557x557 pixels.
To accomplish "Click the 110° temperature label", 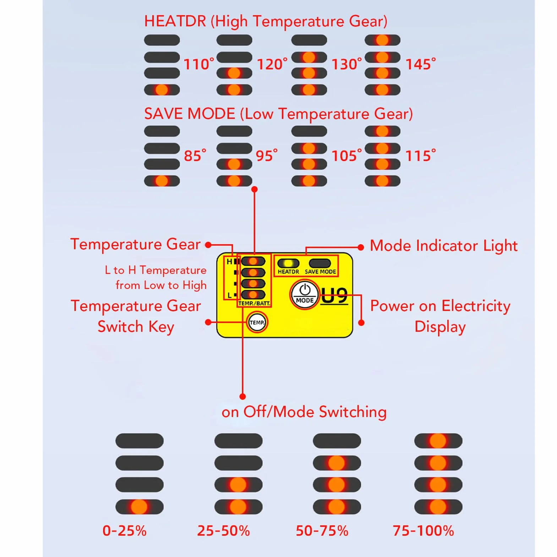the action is tap(199, 64).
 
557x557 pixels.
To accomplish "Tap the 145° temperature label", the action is tap(421, 64).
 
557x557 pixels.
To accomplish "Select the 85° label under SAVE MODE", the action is tap(195, 156).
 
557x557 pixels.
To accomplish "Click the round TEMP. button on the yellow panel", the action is tap(257, 322).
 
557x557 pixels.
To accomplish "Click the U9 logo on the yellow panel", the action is tap(334, 296).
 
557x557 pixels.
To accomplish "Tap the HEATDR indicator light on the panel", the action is tap(288, 263).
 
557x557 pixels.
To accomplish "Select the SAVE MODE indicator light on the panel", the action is tap(320, 263).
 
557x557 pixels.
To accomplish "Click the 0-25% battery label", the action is tap(125, 531).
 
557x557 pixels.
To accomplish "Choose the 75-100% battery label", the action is tap(423, 531).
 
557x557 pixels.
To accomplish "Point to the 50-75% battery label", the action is tap(322, 531).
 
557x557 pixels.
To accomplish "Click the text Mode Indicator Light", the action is tap(444, 246).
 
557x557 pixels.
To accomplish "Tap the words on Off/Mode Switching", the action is tap(304, 412).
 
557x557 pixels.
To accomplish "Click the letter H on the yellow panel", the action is tap(229, 262).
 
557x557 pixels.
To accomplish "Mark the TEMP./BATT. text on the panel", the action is tap(254, 304).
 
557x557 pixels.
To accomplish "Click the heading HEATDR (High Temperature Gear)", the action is tap(266, 22).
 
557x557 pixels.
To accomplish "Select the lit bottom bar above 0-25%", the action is tap(140, 507).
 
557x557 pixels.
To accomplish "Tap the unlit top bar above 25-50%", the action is tap(239, 441).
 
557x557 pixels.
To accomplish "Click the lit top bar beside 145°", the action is tap(382, 40).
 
